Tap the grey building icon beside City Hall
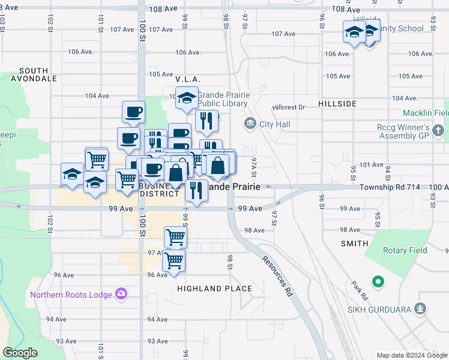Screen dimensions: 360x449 click(x=250, y=124)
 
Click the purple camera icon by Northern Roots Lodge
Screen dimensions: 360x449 click(x=121, y=293)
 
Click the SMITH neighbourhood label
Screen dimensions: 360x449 click(x=354, y=244)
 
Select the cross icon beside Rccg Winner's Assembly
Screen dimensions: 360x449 click(x=439, y=130)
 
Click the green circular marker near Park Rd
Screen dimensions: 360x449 click(x=378, y=280)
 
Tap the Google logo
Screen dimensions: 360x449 click(x=20, y=353)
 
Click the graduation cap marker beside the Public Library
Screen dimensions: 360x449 click(x=187, y=98)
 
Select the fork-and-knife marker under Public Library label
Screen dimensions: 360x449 click(x=206, y=121)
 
